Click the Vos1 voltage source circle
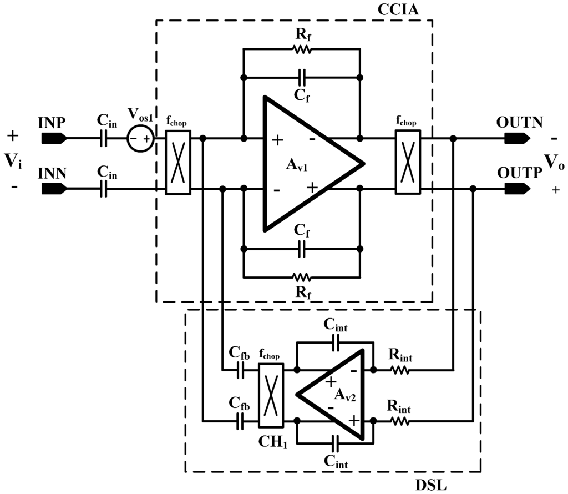click(139, 138)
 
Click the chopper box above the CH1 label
click(271, 395)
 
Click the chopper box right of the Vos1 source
click(178, 163)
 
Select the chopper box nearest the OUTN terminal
click(408, 163)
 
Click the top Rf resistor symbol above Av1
click(302, 49)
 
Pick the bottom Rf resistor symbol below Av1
click(302, 276)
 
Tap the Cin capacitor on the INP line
click(103, 139)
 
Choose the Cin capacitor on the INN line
click(103, 190)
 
